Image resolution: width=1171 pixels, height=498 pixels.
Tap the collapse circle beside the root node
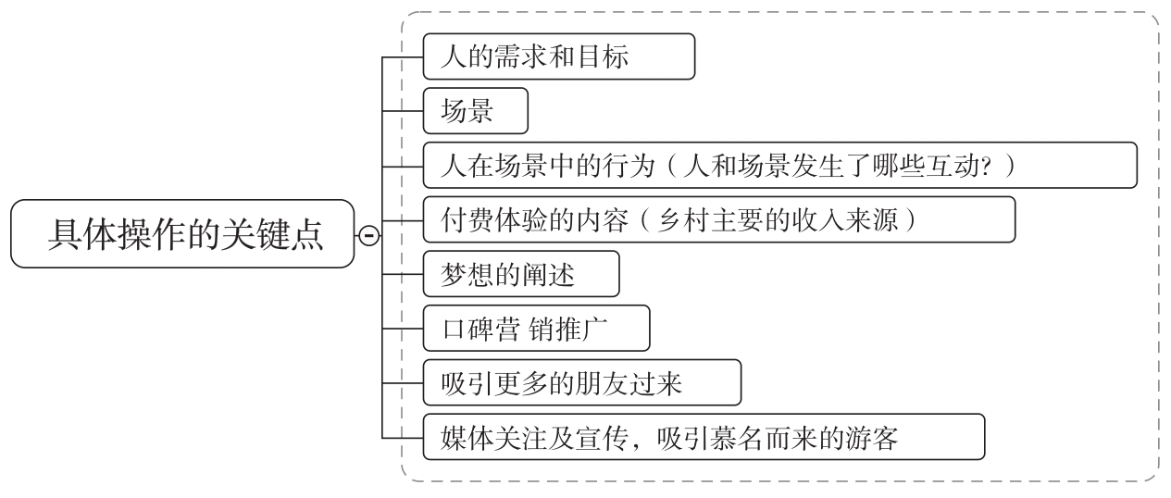pos(367,236)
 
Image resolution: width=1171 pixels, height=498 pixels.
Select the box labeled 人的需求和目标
pos(558,57)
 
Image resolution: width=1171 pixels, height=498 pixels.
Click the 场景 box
pos(474,112)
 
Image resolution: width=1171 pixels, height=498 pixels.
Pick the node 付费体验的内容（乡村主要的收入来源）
pos(718,220)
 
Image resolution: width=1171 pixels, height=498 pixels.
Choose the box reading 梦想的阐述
pos(520,275)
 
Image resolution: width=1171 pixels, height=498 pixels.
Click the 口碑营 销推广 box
pos(536,330)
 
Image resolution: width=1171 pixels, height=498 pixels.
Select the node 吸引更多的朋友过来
pos(581,383)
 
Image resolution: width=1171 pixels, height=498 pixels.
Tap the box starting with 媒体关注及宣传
pos(703,438)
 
